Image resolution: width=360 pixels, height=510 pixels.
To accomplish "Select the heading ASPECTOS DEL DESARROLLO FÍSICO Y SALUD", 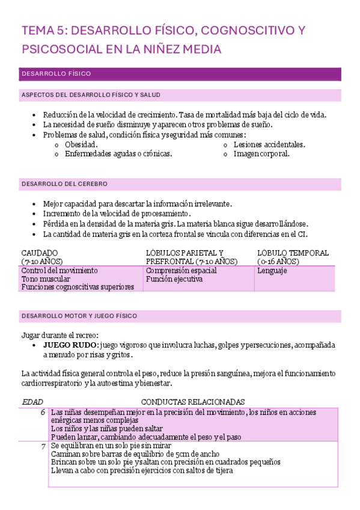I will (90, 95).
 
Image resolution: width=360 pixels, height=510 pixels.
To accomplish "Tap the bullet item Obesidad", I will (81, 144).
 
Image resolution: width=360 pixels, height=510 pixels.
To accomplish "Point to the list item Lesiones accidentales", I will (269, 144).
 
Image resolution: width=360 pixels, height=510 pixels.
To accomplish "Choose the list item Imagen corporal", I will (261, 153).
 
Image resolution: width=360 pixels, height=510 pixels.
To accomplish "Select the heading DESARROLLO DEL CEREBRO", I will (64, 183).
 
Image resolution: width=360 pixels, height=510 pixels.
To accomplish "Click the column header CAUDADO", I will (40, 253).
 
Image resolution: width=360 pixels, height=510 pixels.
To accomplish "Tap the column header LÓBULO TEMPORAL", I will (293, 253).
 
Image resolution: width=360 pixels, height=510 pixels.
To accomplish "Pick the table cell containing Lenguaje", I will (272, 271).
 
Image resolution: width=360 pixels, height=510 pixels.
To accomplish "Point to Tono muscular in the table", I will (45, 279).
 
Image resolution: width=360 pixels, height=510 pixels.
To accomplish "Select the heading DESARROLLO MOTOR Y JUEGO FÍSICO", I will (79, 316).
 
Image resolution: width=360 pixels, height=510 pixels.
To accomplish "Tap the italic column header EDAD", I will (32, 401).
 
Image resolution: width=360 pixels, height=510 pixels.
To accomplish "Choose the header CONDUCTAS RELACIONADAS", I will (192, 401).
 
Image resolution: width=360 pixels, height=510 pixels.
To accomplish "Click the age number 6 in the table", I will (43, 412).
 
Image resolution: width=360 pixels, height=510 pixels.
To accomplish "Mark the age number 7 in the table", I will (43, 446).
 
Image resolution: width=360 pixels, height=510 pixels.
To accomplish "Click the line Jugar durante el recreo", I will (59, 335).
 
